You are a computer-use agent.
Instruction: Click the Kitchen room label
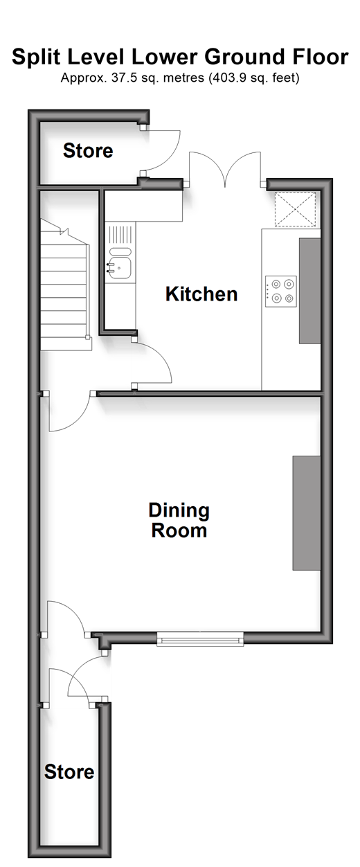201,294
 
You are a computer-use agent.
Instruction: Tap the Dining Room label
179,520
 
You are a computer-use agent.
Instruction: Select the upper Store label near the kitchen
88,150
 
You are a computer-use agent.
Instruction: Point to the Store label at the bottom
69,772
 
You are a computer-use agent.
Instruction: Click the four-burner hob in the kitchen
281,292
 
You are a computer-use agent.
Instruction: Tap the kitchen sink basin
120,268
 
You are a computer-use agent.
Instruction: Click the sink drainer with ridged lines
120,238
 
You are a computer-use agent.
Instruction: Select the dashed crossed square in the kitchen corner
295,209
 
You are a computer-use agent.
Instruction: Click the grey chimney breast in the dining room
307,513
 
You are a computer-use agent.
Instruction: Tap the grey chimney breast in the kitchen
309,291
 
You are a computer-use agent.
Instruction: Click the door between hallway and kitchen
152,363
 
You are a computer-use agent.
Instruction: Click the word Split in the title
37,57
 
